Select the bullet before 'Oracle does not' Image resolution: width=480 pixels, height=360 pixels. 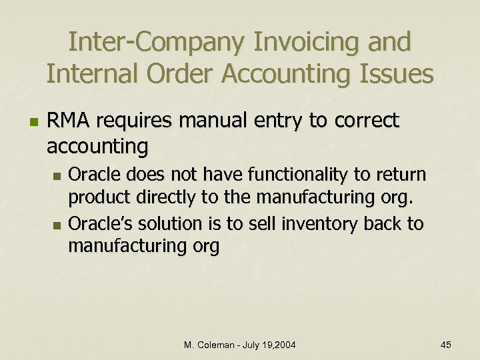pos(57,176)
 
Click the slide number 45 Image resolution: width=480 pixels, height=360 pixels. pos(446,345)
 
